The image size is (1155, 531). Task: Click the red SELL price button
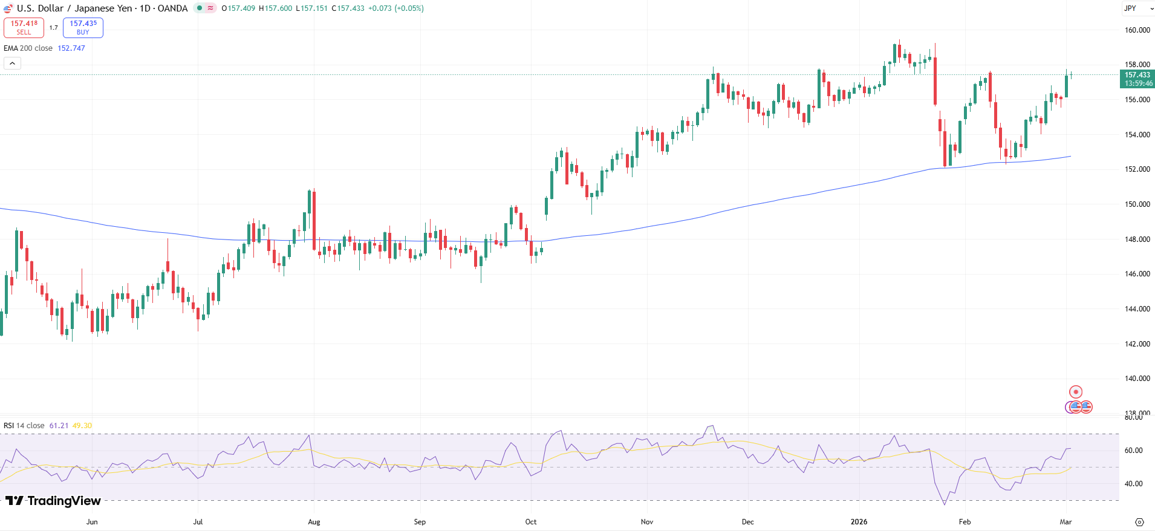[24, 28]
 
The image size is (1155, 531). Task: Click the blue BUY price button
[83, 28]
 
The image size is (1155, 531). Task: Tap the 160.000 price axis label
[1137, 30]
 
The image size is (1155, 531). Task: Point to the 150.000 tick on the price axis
[1137, 204]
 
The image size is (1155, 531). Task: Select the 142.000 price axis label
[1137, 344]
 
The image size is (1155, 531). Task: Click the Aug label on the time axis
[314, 522]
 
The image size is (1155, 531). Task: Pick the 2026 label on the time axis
[859, 522]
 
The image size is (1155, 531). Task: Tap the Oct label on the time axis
[531, 522]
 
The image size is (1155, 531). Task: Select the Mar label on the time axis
[1066, 522]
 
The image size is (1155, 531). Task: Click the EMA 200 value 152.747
[71, 48]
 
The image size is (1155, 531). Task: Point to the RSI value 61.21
[59, 426]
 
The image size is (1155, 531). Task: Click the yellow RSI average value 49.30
[82, 426]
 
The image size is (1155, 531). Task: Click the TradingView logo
[53, 501]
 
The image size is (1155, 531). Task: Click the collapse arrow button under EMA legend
[12, 63]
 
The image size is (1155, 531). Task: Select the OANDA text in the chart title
[172, 8]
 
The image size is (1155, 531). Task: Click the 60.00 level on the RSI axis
[1133, 451]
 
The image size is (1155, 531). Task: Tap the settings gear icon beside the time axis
[1139, 522]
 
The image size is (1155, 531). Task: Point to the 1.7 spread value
[54, 28]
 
